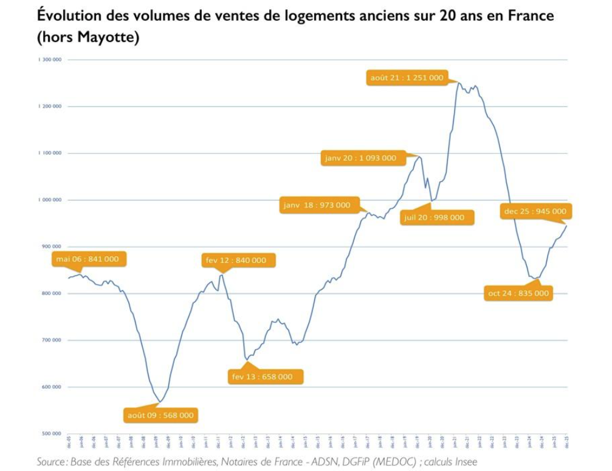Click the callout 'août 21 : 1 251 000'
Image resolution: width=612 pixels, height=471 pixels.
click(x=407, y=78)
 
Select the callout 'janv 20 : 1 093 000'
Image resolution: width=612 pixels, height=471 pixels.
click(x=360, y=158)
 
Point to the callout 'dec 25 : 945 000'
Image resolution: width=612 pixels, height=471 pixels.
click(x=535, y=212)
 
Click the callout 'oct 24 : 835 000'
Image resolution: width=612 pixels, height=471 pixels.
click(x=518, y=293)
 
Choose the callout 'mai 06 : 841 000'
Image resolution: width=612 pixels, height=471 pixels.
click(x=88, y=259)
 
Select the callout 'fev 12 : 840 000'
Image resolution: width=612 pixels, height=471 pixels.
click(x=236, y=260)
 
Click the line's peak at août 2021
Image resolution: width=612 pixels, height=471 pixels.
click(x=457, y=83)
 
